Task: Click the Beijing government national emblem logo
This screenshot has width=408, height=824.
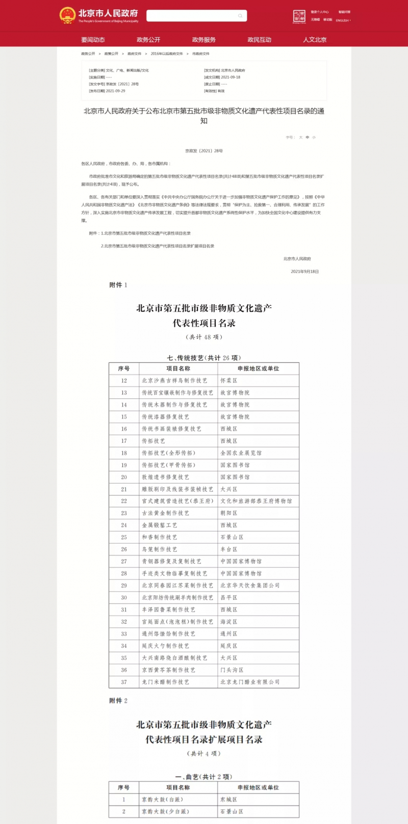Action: (67, 15)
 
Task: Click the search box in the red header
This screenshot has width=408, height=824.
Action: (196, 16)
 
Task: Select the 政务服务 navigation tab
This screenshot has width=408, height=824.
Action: (203, 40)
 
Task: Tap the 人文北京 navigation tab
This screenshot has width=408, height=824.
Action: (315, 40)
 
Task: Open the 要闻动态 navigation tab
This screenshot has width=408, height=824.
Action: (93, 40)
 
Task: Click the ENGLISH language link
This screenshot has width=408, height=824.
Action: (342, 20)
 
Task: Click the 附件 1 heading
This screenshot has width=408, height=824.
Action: (118, 285)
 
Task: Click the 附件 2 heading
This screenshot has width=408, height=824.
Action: (118, 701)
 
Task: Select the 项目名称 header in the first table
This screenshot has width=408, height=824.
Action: (178, 368)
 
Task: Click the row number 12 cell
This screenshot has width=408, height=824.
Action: (124, 381)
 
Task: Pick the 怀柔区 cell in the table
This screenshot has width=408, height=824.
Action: (228, 381)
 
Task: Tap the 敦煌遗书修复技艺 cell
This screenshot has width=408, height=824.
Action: (166, 477)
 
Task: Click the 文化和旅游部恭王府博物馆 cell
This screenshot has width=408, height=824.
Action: (256, 501)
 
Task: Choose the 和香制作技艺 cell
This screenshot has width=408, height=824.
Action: (160, 537)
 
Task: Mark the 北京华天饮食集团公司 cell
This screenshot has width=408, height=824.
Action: (250, 586)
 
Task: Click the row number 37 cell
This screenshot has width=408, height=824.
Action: (124, 682)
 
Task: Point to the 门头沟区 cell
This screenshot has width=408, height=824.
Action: (232, 670)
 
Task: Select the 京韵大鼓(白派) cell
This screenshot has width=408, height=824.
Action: (162, 800)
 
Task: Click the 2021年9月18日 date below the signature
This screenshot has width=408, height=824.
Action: (304, 272)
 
